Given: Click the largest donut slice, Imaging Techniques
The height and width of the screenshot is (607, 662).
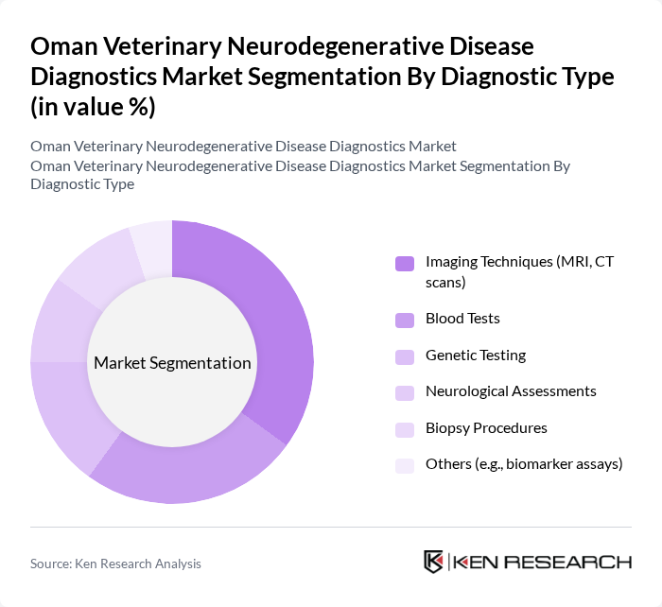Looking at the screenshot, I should [274, 321].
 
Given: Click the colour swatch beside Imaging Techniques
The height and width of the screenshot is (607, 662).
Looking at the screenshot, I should [405, 264].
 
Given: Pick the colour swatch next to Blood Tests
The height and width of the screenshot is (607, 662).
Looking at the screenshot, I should [405, 320].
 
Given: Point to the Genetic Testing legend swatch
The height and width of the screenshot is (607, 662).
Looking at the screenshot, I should [405, 356].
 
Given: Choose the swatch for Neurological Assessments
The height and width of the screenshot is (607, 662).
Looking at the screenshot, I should [405, 391].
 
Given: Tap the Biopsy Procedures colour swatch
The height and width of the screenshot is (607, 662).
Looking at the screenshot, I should [405, 428].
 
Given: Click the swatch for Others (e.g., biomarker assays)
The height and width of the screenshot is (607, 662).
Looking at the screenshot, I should [405, 464].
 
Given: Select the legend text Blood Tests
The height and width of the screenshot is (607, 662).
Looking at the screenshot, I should [462, 320].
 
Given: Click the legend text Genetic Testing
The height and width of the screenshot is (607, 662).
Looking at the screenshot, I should [475, 356].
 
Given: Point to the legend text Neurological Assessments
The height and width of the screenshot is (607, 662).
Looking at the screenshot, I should [511, 391].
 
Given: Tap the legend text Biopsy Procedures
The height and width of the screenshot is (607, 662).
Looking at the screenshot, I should [486, 428].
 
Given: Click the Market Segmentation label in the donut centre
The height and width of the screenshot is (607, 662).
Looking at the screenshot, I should [172, 363].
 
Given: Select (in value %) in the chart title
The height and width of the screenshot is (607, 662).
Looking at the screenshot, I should [93, 107].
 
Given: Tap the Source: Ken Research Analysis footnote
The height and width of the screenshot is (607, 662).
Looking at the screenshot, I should [115, 564].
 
